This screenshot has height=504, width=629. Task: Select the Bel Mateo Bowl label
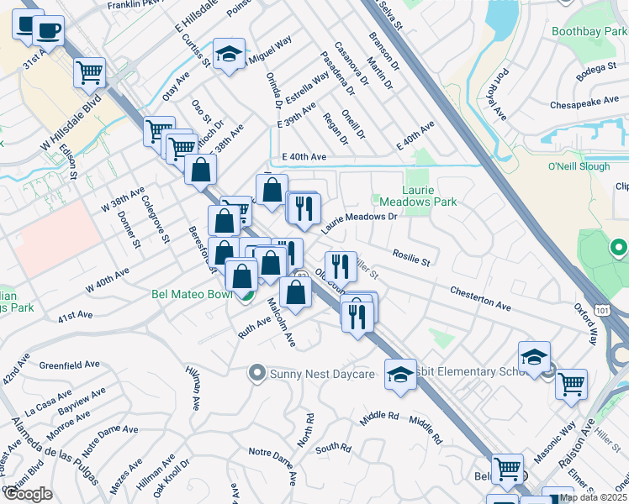pyautogui.click(x=192, y=295)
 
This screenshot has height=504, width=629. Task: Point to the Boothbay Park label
pyautogui.click(x=589, y=32)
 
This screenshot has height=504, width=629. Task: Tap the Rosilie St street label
pyautogui.click(x=411, y=256)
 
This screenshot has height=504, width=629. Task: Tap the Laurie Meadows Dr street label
pyautogui.click(x=358, y=221)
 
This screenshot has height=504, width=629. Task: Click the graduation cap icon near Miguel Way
pyautogui.click(x=228, y=55)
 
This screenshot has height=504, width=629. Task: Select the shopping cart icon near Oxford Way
pyautogui.click(x=572, y=384)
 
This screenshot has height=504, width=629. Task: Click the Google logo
pyautogui.click(x=28, y=494)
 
